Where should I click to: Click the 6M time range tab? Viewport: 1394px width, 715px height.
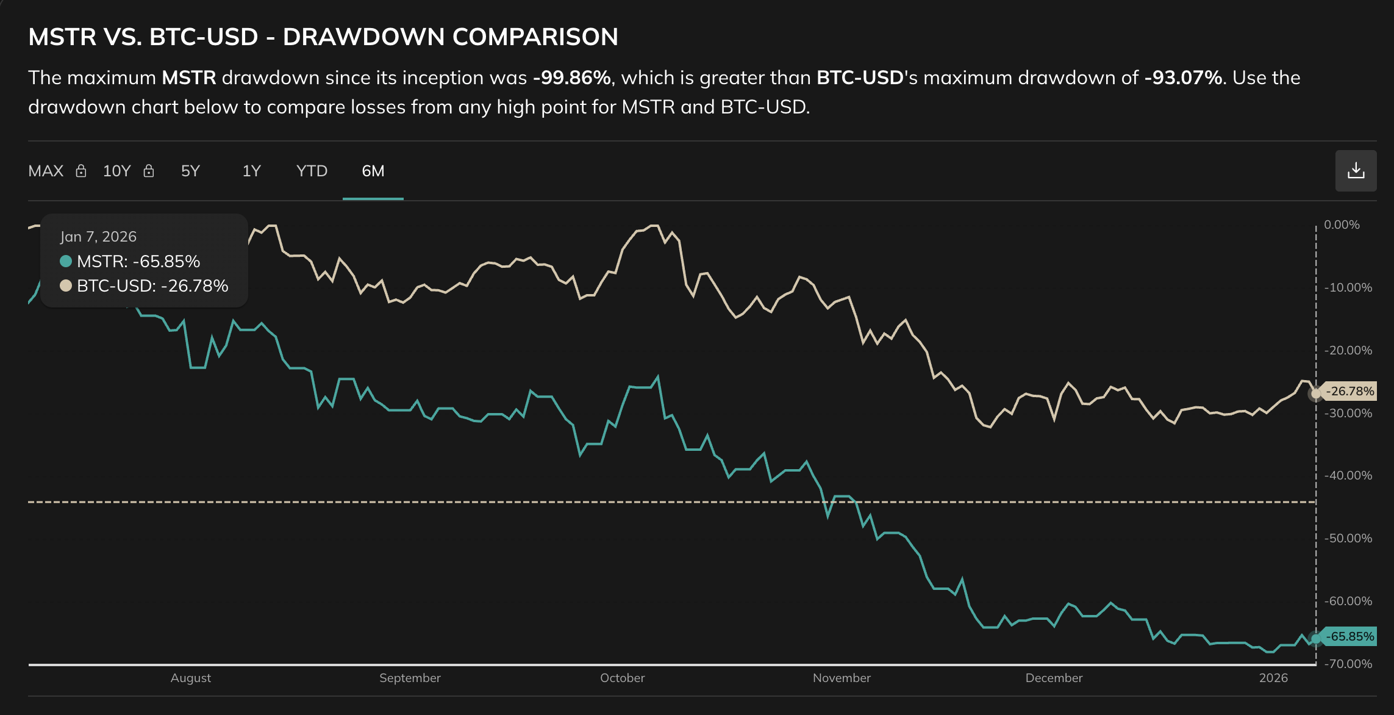[373, 171]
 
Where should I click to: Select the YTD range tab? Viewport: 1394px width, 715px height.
[312, 171]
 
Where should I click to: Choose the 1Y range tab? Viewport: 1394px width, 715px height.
[251, 171]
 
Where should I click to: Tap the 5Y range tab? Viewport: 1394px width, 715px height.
[190, 171]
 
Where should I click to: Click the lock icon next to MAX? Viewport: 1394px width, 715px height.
[80, 171]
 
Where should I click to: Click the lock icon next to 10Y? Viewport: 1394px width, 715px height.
[148, 171]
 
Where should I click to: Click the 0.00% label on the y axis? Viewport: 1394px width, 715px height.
[1341, 225]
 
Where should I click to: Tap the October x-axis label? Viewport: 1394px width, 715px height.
[622, 678]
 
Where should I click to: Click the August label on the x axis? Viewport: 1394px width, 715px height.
[191, 678]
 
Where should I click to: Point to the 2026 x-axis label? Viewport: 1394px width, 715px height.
[1273, 678]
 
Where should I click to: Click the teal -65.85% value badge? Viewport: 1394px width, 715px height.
[1350, 636]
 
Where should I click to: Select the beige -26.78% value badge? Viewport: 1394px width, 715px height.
[1350, 391]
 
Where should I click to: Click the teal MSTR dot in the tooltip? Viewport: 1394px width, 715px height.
[66, 261]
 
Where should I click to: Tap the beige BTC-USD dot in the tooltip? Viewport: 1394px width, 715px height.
[66, 286]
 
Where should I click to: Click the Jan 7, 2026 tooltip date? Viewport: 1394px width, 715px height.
[98, 236]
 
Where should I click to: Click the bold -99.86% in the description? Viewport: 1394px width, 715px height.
[571, 77]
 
